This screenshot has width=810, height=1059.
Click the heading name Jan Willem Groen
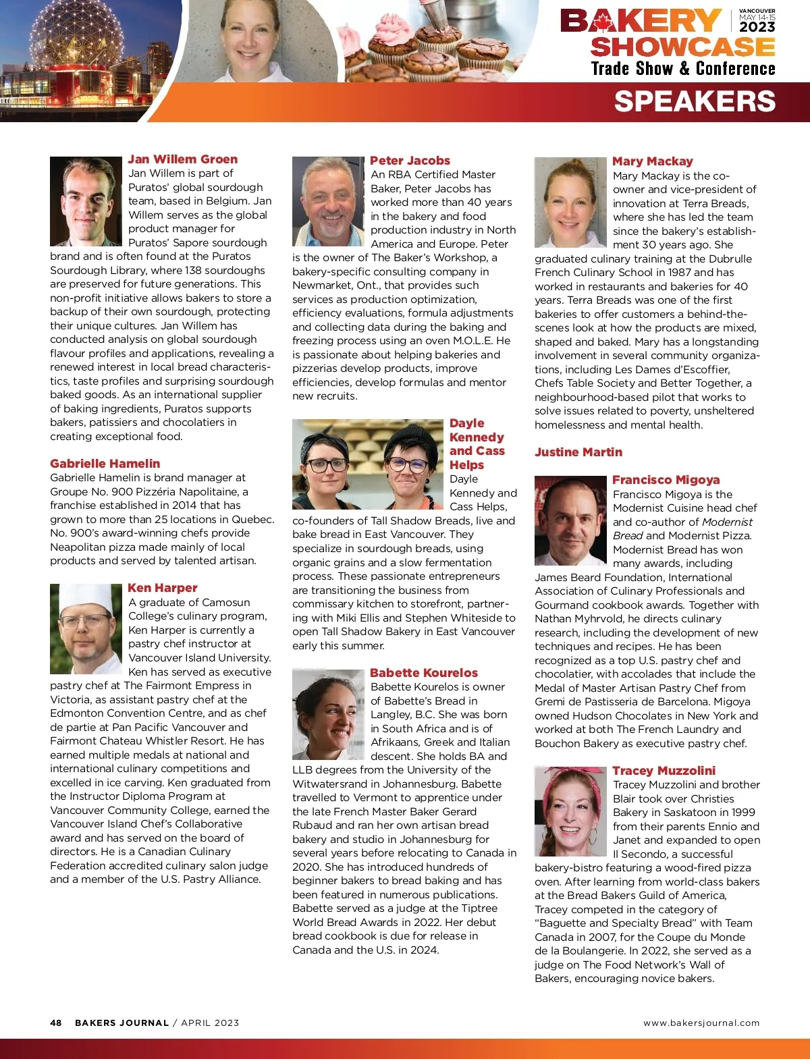tap(182, 159)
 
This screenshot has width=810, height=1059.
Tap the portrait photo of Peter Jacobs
tap(328, 201)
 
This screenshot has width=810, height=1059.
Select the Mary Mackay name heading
tap(652, 161)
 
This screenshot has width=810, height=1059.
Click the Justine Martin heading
tap(578, 452)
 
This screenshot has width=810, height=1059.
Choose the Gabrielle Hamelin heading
tap(105, 464)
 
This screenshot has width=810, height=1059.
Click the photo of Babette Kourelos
tap(328, 714)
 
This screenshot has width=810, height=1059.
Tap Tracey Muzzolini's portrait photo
tap(570, 811)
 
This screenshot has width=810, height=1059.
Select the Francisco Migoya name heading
tap(666, 480)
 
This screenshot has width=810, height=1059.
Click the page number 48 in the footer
tap(55, 1023)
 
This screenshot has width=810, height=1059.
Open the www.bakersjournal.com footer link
tap(701, 1023)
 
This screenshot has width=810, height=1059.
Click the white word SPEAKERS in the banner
tap(695, 101)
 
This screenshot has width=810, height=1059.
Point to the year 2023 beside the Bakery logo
tap(757, 27)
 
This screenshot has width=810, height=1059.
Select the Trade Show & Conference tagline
tap(682, 69)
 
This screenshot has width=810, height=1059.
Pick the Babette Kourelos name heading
tap(423, 673)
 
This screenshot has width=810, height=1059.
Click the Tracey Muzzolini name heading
tap(664, 771)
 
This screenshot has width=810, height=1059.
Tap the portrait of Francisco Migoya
tap(570, 520)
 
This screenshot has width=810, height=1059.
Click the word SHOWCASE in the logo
tap(682, 47)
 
